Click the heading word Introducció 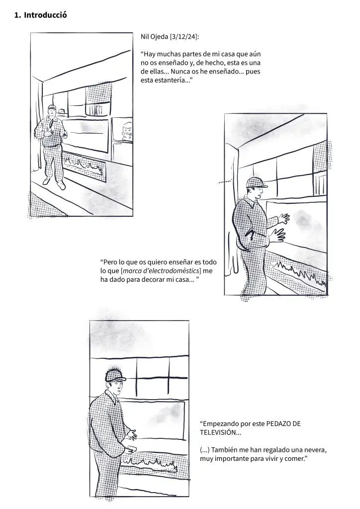coord(45,15)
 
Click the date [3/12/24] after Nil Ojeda coord(185,37)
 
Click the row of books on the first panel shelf coord(97,109)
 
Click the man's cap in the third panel coord(115,375)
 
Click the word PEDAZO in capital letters coord(280,424)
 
